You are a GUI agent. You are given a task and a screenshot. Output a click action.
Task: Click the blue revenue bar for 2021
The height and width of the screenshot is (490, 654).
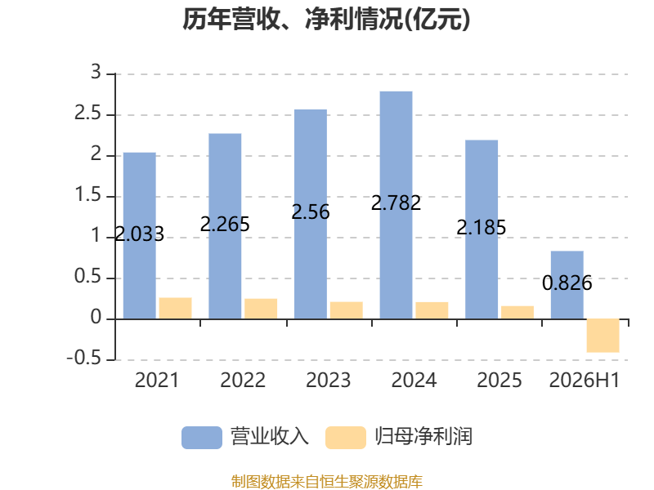pyautogui.click(x=140, y=236)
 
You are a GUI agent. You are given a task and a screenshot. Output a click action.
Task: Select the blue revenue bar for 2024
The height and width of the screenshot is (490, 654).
pyautogui.click(x=396, y=205)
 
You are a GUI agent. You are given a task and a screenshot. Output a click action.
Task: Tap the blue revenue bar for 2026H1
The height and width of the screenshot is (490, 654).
pyautogui.click(x=567, y=285)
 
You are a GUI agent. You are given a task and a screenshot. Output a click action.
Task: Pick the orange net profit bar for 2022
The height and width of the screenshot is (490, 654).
pyautogui.click(x=261, y=309)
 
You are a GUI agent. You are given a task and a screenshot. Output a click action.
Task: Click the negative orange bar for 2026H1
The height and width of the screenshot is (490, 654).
pyautogui.click(x=603, y=336)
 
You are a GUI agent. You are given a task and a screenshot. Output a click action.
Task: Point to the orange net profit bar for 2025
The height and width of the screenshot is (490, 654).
pyautogui.click(x=517, y=313)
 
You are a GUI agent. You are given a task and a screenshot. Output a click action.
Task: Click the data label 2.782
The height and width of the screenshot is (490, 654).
pyautogui.click(x=396, y=203)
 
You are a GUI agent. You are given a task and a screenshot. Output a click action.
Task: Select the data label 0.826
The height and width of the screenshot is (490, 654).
pyautogui.click(x=567, y=283)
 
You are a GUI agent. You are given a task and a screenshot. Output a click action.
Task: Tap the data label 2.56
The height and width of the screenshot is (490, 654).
pyautogui.click(x=311, y=212)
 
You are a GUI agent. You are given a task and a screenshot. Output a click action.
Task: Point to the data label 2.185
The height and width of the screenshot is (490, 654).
pyautogui.click(x=482, y=228)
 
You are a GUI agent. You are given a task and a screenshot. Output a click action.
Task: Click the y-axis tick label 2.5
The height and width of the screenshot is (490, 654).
pyautogui.click(x=88, y=113)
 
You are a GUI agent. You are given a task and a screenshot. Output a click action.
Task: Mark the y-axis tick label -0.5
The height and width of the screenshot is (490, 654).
pyautogui.click(x=84, y=358)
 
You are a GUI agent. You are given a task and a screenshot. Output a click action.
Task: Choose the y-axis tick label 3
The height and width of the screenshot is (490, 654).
pyautogui.click(x=96, y=72)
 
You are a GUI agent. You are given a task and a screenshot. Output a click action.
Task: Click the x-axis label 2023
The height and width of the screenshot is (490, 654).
pyautogui.click(x=329, y=380)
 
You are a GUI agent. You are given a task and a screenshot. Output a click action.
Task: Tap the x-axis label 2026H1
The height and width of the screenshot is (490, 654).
pyautogui.click(x=585, y=380)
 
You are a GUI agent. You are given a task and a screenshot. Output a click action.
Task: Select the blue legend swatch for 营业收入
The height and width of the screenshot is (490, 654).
pyautogui.click(x=202, y=438)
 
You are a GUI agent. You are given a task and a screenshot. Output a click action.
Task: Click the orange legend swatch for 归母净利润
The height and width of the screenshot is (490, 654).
pyautogui.click(x=346, y=438)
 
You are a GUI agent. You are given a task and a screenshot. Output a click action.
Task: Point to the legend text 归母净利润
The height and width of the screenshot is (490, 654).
pyautogui.click(x=423, y=437)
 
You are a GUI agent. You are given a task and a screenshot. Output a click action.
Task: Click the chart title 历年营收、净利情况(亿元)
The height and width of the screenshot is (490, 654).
pyautogui.click(x=326, y=19)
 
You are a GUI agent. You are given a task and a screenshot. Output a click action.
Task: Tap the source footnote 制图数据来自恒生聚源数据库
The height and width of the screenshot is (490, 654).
pyautogui.click(x=327, y=482)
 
